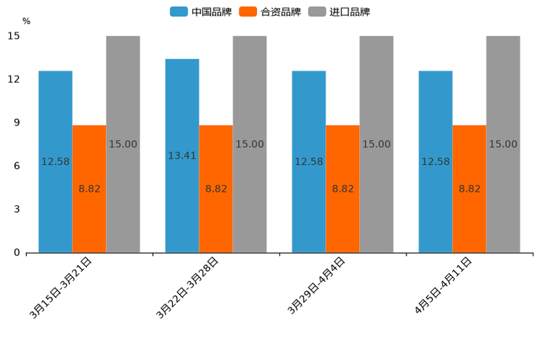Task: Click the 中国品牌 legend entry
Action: [201, 12]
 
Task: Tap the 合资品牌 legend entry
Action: [270, 12]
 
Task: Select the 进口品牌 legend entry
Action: [339, 12]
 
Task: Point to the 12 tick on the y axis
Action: [14, 79]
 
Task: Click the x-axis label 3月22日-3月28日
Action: [187, 288]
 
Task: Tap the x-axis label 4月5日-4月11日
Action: [443, 285]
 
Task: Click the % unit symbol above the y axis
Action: [26, 21]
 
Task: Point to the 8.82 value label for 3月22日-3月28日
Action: [216, 189]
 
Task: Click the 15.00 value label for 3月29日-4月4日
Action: [376, 144]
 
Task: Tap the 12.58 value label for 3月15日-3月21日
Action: [55, 162]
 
